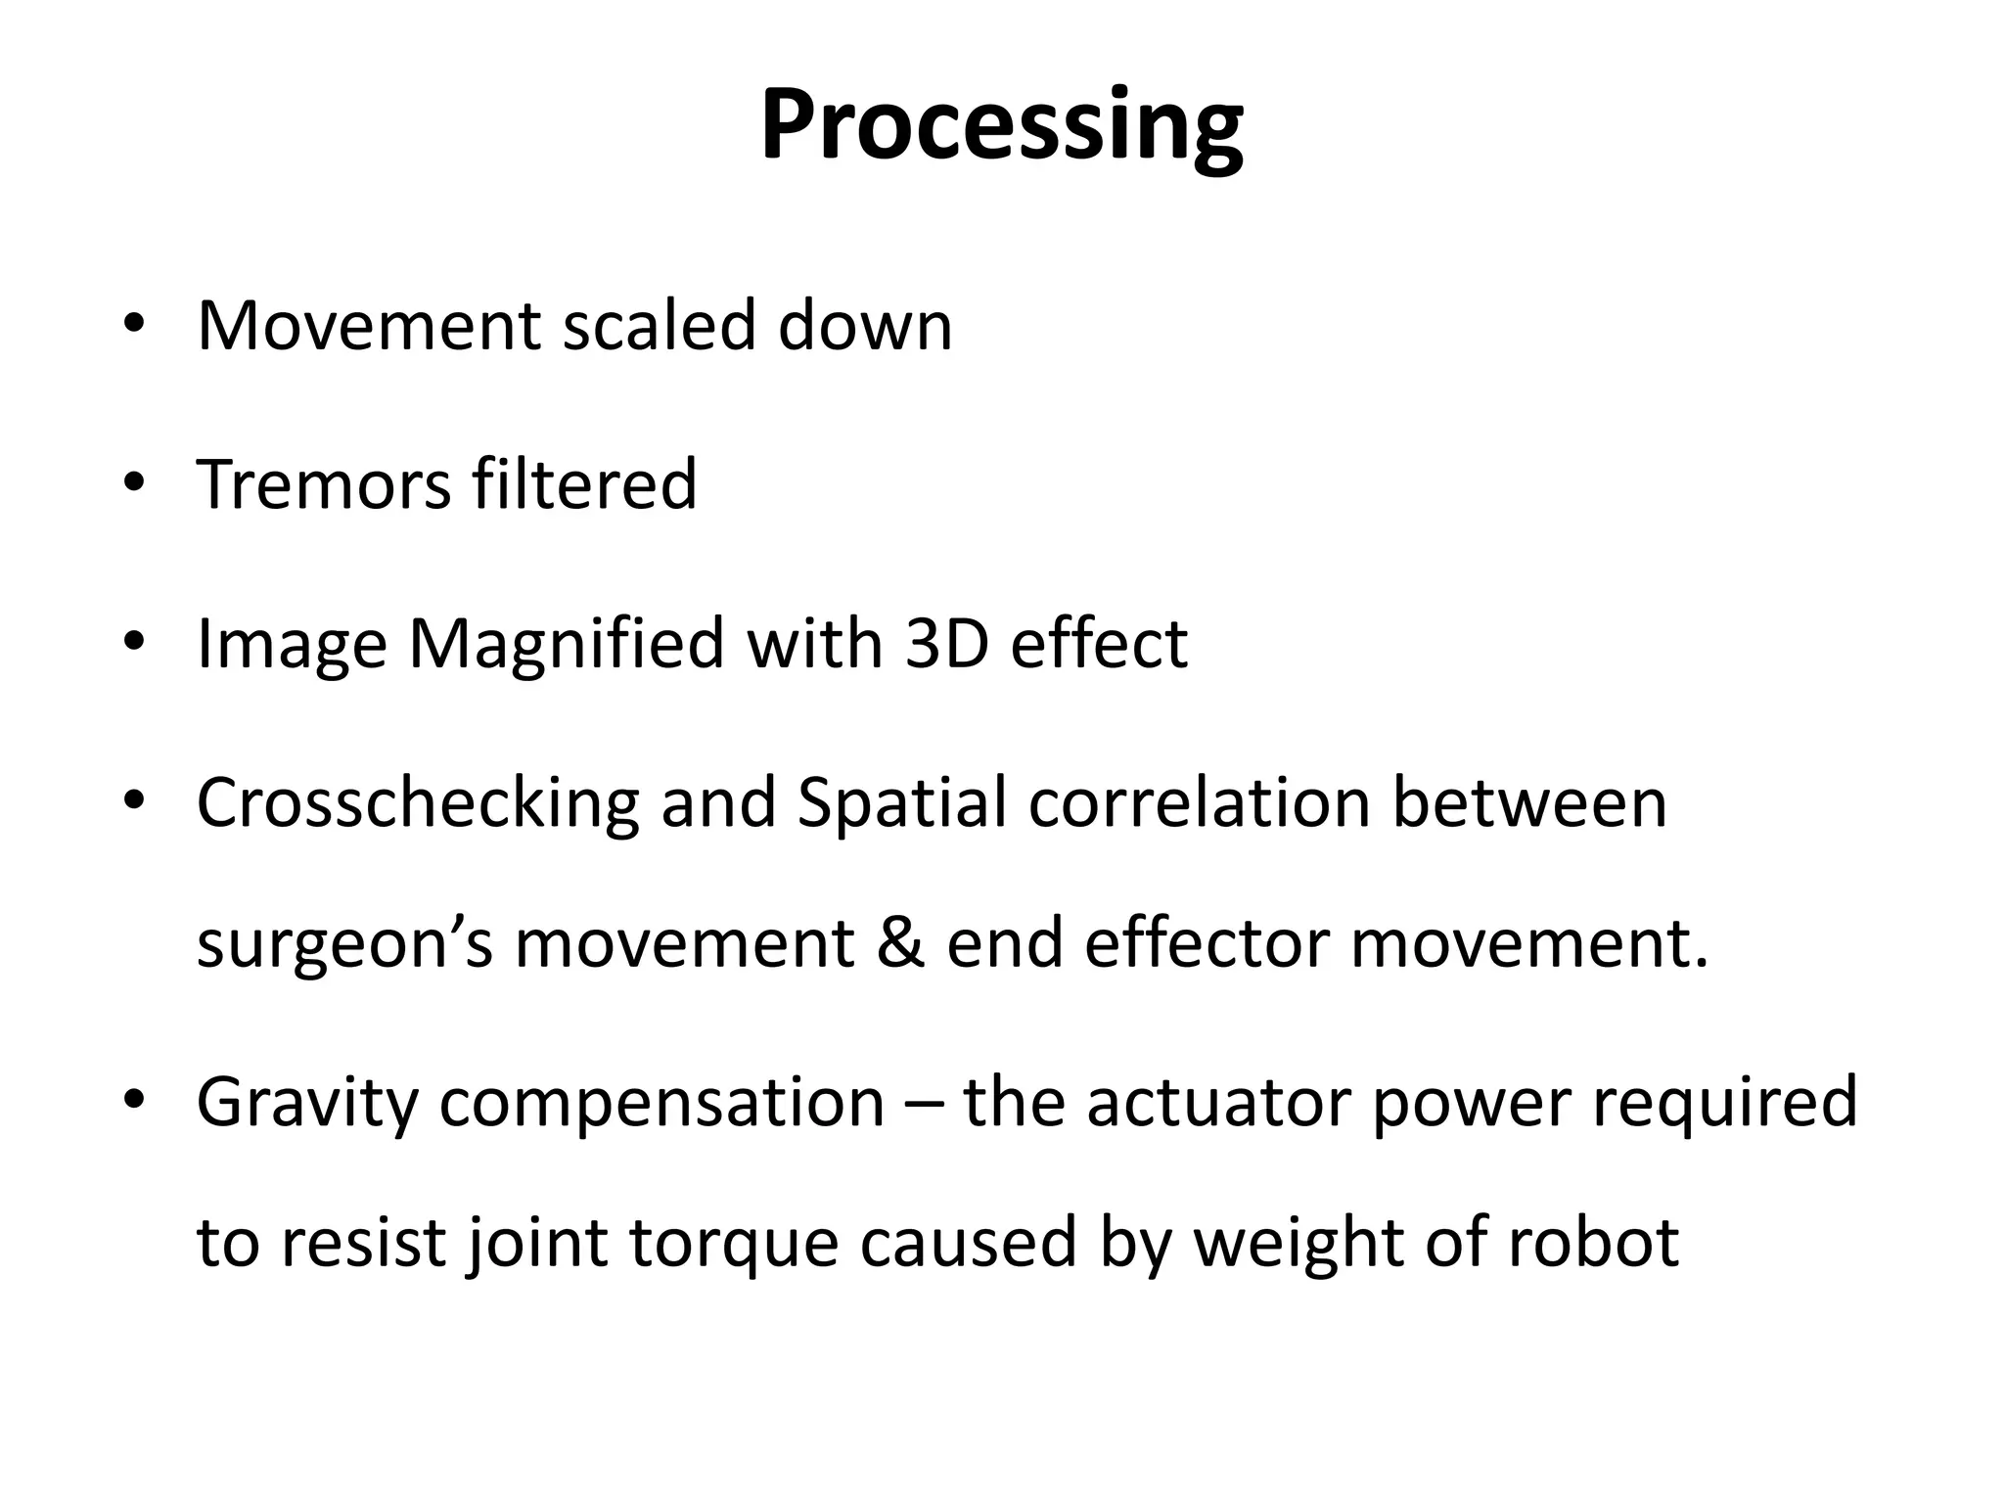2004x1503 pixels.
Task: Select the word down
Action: coord(865,325)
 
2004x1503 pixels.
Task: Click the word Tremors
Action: coord(323,483)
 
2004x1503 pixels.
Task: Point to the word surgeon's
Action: coord(344,945)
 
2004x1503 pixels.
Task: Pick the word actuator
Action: coord(1216,1102)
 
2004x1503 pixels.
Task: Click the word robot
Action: coord(1593,1243)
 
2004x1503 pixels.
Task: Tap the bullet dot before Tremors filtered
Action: coord(134,481)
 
